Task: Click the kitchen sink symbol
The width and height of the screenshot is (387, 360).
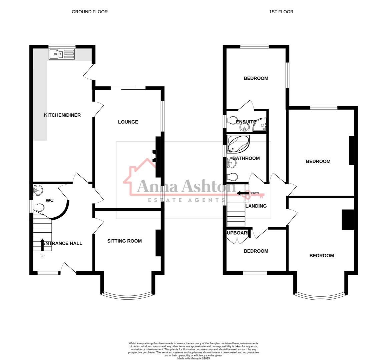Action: click(x=62, y=54)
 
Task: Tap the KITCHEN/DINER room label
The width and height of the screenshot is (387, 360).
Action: click(x=62, y=115)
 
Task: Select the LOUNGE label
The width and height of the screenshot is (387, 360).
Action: click(x=128, y=122)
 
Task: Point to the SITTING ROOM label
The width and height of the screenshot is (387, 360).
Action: click(x=124, y=241)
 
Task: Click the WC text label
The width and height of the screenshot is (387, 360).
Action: click(x=49, y=200)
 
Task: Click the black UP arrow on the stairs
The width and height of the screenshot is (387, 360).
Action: click(x=42, y=244)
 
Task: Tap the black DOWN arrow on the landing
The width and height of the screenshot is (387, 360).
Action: click(x=243, y=193)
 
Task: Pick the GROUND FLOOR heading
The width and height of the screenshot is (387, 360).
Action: click(x=90, y=12)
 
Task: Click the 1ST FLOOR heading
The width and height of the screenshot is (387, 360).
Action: click(x=281, y=12)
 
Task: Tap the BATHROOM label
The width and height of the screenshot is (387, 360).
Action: click(x=246, y=158)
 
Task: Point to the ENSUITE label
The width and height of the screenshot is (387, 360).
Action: click(x=246, y=122)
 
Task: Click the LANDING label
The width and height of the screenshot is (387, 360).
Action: click(x=256, y=206)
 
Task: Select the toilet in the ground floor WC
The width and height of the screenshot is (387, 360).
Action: click(x=39, y=207)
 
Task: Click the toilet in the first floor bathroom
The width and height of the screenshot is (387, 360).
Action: click(x=232, y=176)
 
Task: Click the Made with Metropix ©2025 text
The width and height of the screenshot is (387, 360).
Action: click(x=193, y=358)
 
